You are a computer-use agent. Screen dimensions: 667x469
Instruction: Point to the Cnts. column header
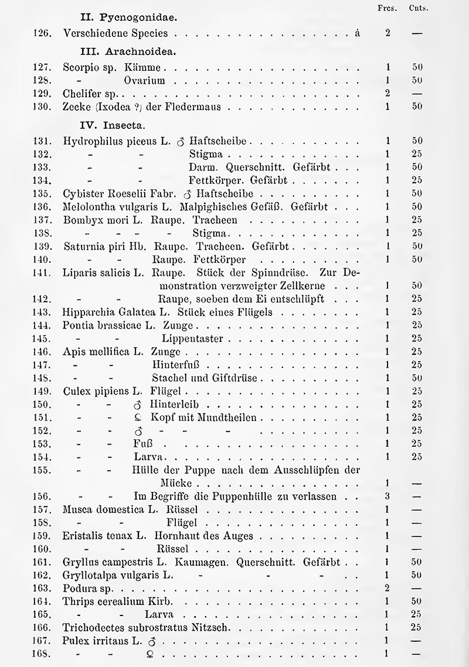point(417,8)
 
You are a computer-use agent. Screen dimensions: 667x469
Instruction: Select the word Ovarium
point(144,80)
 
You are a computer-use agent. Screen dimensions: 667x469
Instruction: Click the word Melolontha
point(87,207)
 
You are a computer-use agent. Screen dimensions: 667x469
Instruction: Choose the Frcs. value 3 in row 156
point(388,497)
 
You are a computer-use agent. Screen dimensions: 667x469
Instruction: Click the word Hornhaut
point(174,536)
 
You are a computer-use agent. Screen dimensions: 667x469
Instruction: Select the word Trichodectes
point(92,628)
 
